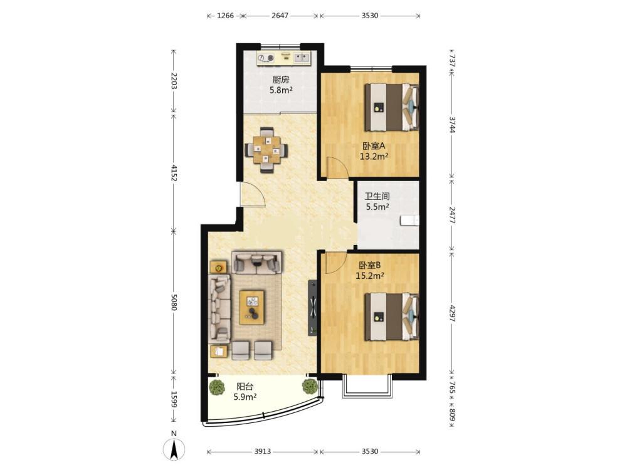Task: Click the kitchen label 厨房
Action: pos(281,80)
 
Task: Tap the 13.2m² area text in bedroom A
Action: pos(374,156)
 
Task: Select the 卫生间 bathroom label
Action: pos(377,196)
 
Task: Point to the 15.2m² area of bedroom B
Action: pos(370,275)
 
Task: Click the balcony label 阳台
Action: pos(245,387)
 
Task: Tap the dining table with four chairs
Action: pos(266,150)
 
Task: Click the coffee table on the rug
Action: pos(252,307)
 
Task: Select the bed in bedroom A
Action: pos(392,107)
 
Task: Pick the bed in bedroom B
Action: pos(392,317)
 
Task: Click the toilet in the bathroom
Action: pos(409,220)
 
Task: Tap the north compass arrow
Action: pos(174,449)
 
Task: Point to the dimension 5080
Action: pos(173,302)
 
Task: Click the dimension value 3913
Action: pos(262,451)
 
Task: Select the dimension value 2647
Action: pos(280,16)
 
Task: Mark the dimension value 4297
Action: pos(452,314)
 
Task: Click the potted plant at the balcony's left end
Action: pos(216,387)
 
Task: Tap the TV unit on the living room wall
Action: pos(313,308)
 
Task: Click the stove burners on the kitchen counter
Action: pos(266,58)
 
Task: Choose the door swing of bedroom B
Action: pos(335,263)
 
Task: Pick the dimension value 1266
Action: pos(225,16)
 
